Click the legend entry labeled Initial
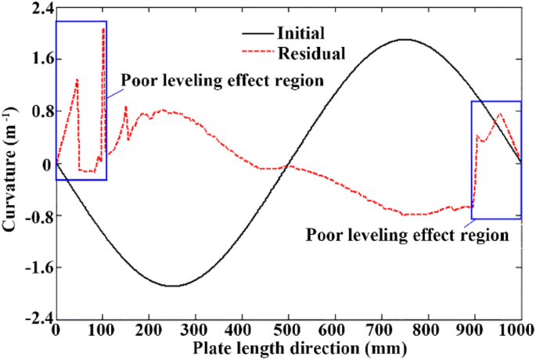pos(300,34)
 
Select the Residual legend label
pos(306,52)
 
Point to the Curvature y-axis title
pos(10,164)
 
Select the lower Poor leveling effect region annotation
pos(408,233)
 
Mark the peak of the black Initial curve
pos(404,39)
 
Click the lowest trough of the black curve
pos(171,286)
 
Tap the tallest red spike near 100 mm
pos(103,28)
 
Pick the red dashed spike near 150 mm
pos(125,106)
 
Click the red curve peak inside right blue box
pos(500,114)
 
